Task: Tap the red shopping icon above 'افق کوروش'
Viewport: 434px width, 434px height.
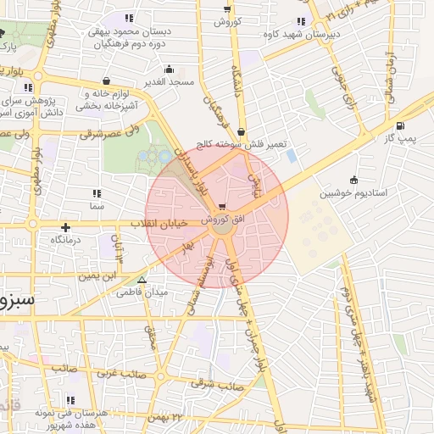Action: click(222, 206)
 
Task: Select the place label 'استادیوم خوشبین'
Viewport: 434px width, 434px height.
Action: click(380, 193)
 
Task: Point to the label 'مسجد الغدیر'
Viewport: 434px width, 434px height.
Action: click(170, 82)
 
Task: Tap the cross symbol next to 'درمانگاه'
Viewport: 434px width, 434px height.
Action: click(65, 227)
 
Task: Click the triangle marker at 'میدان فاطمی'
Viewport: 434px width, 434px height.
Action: click(142, 280)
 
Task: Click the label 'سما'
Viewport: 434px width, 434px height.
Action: click(96, 206)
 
